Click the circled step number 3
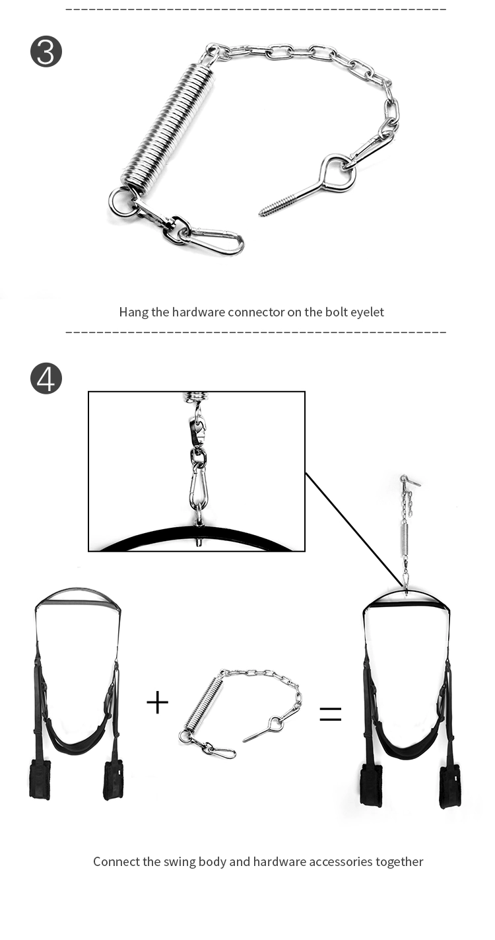coord(46,52)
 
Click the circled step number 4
coord(46,379)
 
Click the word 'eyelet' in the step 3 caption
coord(366,312)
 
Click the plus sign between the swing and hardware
coord(157,702)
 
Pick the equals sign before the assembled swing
coord(331,713)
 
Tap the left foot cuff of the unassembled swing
coord(40,779)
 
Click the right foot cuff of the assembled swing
coord(451,785)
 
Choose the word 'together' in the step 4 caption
coord(399,861)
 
